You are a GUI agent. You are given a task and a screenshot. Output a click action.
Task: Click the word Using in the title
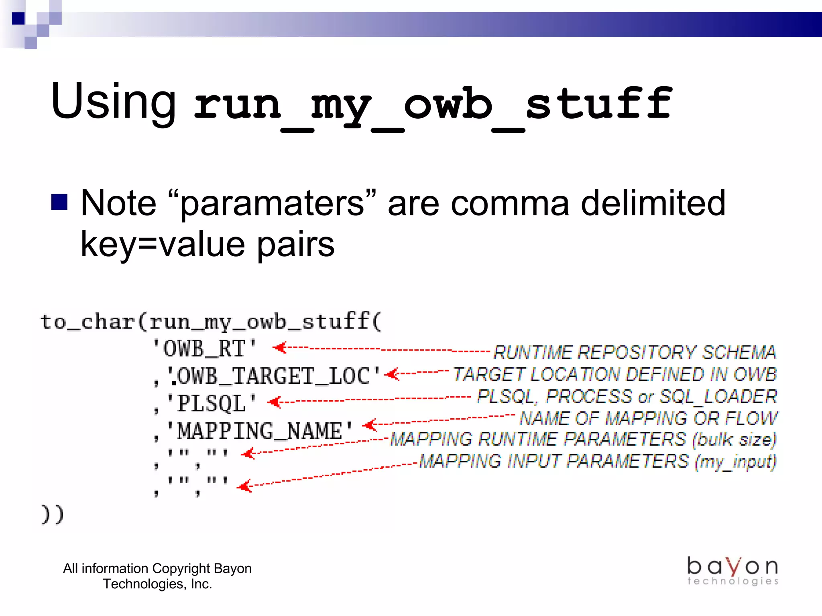113,101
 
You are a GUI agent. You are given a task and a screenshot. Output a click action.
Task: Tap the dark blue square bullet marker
59,202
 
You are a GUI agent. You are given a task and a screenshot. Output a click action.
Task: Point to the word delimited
653,203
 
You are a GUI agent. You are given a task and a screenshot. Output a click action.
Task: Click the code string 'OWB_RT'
205,348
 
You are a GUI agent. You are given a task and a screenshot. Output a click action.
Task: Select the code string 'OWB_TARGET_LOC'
273,376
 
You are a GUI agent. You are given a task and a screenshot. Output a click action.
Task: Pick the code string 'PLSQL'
212,403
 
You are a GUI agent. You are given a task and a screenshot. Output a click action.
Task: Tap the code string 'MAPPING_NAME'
260,431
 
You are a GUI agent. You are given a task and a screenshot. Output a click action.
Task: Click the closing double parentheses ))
53,515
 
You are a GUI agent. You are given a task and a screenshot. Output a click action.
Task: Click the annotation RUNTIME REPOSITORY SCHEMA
635,352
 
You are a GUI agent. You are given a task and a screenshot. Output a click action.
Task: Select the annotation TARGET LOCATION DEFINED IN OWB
615,374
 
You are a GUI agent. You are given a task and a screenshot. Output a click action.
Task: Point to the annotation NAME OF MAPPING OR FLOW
648,418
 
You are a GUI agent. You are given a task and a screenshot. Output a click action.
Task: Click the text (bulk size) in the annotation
734,440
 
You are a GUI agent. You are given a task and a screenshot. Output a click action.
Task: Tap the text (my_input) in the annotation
735,462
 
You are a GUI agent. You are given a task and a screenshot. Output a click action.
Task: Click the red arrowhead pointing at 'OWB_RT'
280,347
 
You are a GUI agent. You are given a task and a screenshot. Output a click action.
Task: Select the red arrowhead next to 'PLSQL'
275,402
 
